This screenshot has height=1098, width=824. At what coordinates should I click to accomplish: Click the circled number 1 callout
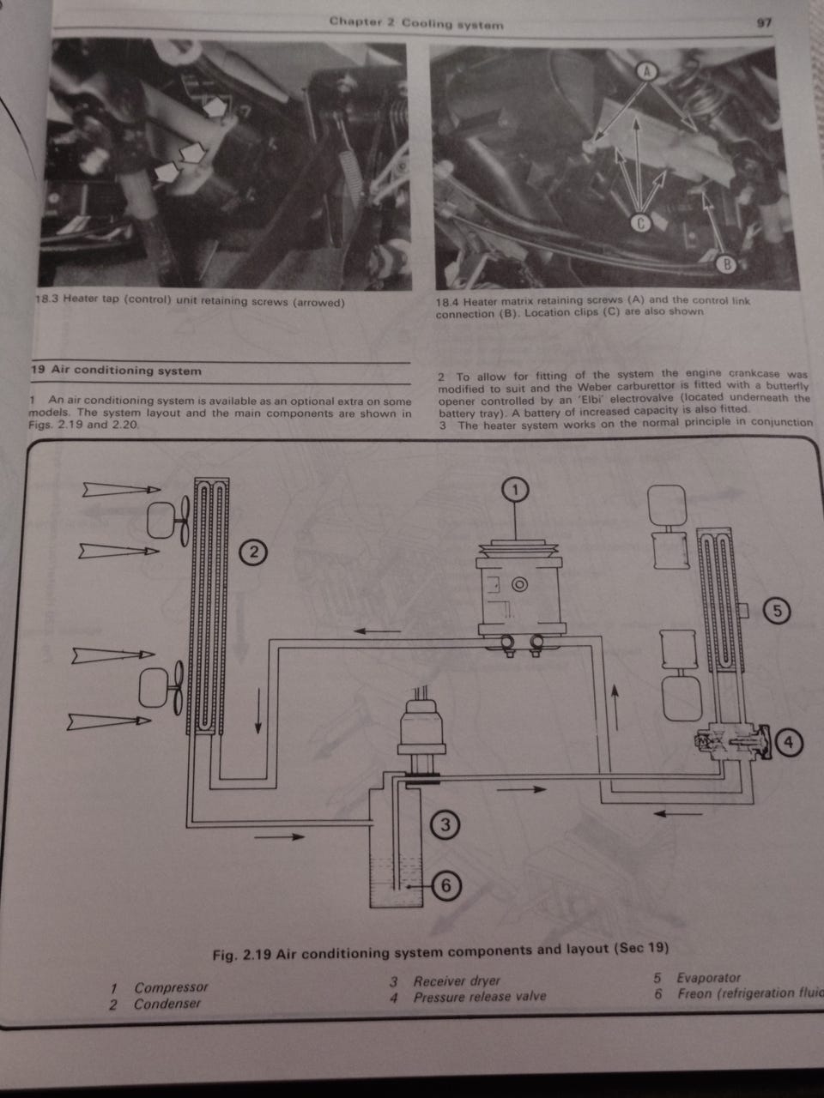point(515,490)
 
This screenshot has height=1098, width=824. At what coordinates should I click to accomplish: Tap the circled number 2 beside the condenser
point(253,552)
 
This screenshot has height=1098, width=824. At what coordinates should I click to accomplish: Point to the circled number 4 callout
point(789,742)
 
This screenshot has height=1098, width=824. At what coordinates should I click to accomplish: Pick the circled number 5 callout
point(777,611)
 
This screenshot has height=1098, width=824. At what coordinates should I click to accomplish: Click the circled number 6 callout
point(445,885)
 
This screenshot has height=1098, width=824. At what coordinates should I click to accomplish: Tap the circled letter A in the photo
point(645,71)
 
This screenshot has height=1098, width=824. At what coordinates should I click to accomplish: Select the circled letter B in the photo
point(726,264)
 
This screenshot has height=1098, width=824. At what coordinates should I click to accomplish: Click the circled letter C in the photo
point(640,223)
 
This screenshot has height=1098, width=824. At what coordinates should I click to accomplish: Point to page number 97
point(764,23)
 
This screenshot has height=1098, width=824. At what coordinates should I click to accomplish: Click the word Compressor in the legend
point(171,987)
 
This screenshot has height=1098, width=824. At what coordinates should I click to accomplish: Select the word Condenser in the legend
point(167,1004)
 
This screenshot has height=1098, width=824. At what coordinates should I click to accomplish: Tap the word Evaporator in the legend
point(708,978)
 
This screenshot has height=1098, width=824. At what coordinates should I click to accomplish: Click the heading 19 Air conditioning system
point(116,371)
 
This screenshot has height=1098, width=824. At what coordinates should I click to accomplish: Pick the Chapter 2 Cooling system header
point(416,23)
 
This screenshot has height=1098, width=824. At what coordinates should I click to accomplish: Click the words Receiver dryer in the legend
point(457,981)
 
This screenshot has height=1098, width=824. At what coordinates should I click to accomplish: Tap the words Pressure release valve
point(480,997)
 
